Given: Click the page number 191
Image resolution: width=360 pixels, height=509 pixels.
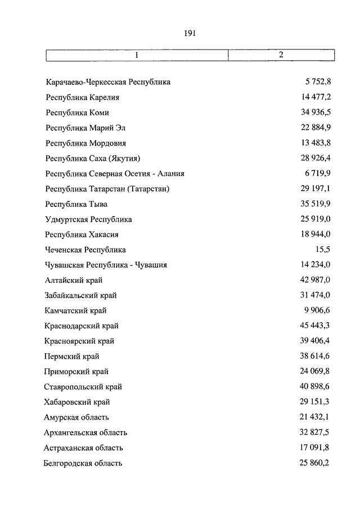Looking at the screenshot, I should click(x=189, y=33).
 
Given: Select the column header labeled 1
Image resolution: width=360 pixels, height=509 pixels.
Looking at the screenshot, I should click(x=137, y=55).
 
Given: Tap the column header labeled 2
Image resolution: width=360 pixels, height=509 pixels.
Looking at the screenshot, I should click(x=281, y=55).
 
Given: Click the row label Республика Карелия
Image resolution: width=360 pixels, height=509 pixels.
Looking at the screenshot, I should click(x=83, y=97).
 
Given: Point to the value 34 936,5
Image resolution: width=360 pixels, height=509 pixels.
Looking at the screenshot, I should click(x=316, y=112).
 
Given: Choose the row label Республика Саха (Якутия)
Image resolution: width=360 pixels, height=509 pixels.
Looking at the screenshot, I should click(x=93, y=159).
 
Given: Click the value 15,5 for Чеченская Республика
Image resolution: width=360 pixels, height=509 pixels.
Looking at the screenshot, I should click(x=323, y=250).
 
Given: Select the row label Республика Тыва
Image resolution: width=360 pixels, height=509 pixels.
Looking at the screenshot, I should click(x=76, y=204).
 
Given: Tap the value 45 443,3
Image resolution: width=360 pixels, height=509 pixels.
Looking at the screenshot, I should click(x=316, y=326).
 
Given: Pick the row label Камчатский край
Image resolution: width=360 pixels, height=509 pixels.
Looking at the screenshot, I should click(x=75, y=310).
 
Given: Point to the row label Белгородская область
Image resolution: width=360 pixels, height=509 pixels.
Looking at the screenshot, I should click(x=83, y=463).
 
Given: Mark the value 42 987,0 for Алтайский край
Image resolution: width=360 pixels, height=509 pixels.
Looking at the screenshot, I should click(x=316, y=280).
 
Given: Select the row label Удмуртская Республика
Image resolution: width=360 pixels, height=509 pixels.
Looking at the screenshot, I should click(x=89, y=219).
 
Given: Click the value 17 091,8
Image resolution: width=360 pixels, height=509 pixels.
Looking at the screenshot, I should click(x=316, y=448).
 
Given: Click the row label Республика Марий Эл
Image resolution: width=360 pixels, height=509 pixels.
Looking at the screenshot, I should click(x=86, y=128).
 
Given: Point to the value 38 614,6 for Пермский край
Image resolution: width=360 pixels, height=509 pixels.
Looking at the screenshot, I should click(x=316, y=357).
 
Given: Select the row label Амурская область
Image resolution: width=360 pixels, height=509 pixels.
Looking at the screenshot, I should click(x=76, y=417).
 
